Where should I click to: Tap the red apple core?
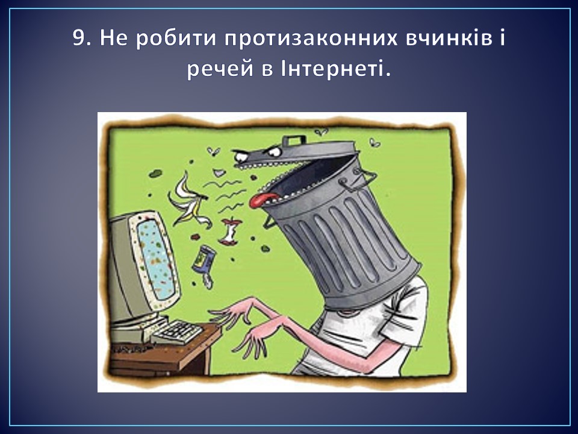[x=230, y=231]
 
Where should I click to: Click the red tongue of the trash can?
[x=263, y=200]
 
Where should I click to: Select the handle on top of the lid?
[x=294, y=140]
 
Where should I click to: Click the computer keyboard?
[x=177, y=332]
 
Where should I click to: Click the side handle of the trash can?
[x=358, y=180]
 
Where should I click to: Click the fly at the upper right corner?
[x=374, y=142]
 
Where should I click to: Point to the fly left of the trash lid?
[x=213, y=151]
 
